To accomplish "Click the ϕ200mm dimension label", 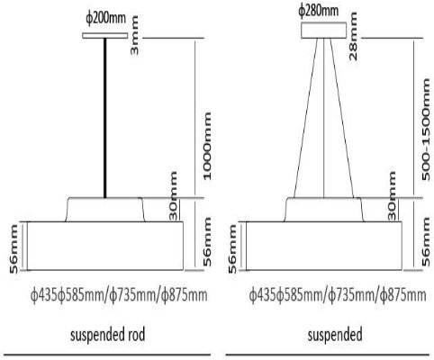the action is pos(105,19).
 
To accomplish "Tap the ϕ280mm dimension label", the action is pos(319,11).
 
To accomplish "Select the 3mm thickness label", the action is pos(134,35).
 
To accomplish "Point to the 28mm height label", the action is pos(353,36).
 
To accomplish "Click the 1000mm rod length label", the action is pos(207,146).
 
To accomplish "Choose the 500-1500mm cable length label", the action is pos(426,130).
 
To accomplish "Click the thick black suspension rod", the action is pos(104,118).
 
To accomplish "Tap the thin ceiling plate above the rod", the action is pos(105,36).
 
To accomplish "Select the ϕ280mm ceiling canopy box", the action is pos(323,31).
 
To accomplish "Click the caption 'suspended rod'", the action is pos(108,335).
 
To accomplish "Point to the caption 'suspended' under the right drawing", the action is pos(335,335).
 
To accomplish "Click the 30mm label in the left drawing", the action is pos(173,195).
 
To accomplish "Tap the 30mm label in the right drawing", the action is pos(392,195).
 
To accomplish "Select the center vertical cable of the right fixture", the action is pos(324,118).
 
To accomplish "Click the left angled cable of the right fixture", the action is pos(305,118).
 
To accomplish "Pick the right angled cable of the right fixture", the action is pos(342,118).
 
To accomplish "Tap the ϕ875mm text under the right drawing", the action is pos(402,295).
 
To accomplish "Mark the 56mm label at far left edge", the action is pos(14,249).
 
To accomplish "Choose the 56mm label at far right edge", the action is pos(426,241).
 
